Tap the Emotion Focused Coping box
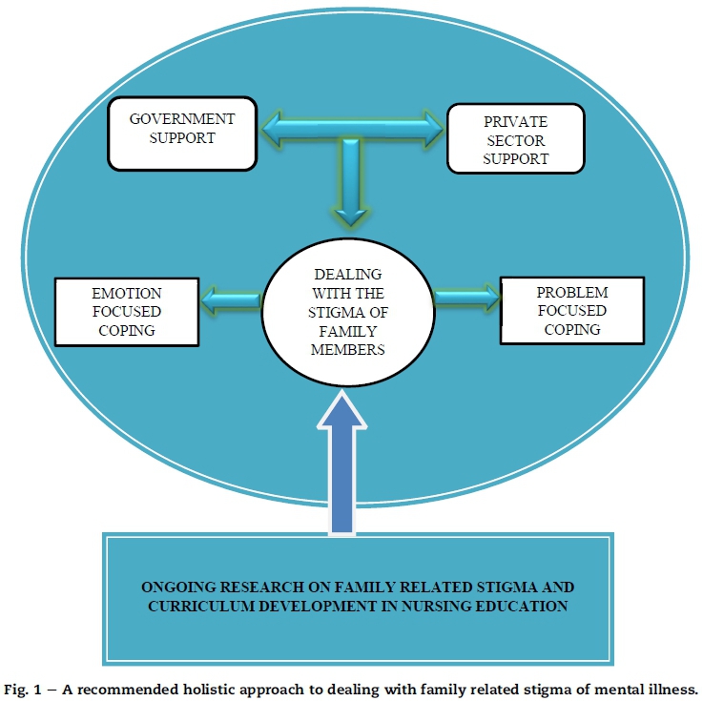point(127,310)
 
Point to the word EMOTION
point(126,293)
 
